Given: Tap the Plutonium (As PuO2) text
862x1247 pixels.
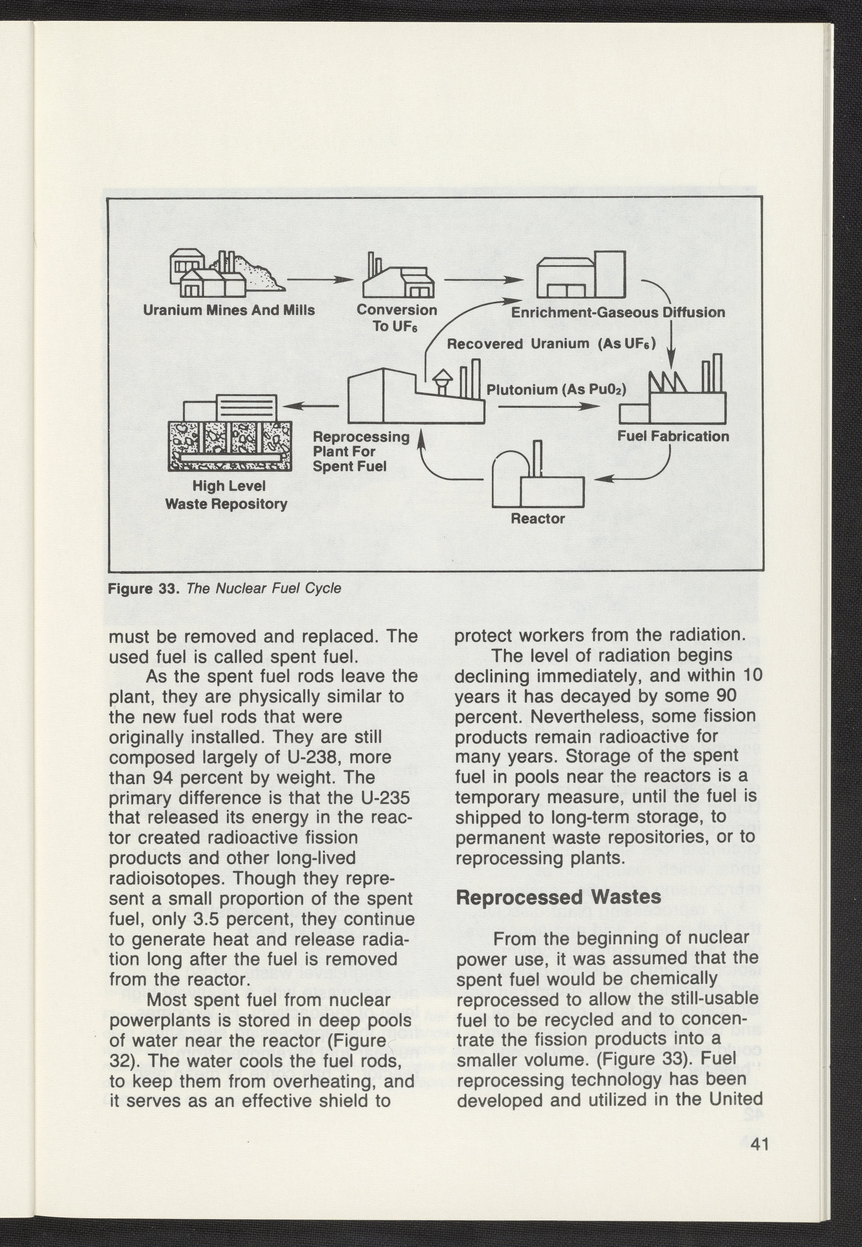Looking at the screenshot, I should pos(556,389).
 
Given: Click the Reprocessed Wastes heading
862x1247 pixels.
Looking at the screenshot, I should pos(559,897).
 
